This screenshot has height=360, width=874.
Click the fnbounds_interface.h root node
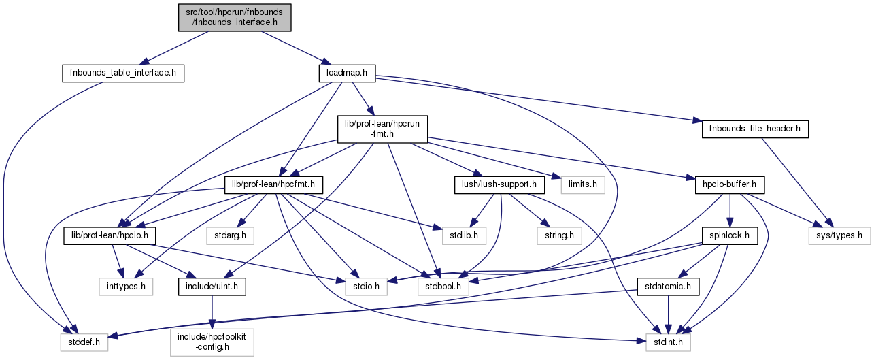point(235,16)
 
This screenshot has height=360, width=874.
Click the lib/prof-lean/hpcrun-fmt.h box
point(382,129)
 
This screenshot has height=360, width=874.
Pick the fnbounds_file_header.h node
point(754,129)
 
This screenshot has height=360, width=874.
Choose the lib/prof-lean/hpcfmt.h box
point(273,184)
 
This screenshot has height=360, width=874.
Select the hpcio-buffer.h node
point(729,184)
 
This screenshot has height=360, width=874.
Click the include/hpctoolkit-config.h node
point(212,341)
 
